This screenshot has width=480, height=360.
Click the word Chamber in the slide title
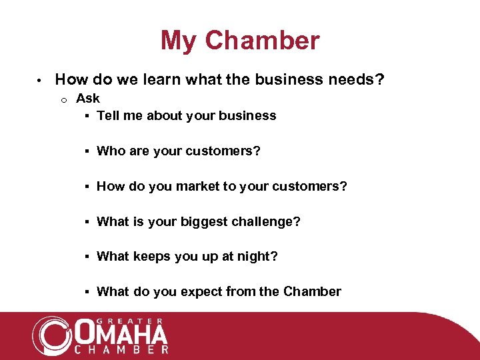point(262,41)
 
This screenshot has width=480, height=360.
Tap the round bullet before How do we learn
point(40,81)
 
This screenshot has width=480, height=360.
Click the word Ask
point(88,98)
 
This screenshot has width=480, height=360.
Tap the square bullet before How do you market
point(87,187)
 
